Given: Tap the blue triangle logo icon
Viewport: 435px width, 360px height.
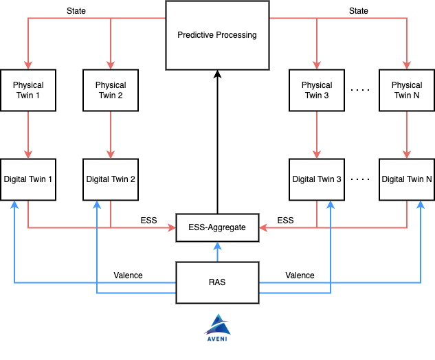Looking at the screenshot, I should pos(217,324).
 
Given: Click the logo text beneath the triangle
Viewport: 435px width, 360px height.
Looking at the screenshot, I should pos(217,339).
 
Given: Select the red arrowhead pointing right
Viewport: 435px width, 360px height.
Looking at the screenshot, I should pos(172,227).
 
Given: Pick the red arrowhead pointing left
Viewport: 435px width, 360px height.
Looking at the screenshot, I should pos(263,227).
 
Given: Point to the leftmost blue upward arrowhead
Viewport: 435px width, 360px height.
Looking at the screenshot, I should pos(14,204).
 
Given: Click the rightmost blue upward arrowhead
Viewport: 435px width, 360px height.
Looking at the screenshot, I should pos(421,204).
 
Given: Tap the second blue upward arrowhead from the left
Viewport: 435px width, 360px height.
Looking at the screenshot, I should pos(97,204).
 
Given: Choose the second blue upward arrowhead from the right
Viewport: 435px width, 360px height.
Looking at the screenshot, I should pos(331,204).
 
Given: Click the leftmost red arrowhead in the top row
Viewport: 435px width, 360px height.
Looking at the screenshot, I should pos(28,65).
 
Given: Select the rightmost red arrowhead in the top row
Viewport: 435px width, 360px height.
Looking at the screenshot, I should pos(407,65).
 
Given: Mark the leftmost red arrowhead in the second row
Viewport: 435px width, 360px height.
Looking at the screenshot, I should pos(28,155).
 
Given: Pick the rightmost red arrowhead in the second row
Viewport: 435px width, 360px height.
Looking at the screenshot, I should pos(407,155).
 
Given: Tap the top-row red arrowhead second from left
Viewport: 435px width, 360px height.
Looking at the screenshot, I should pos(111,65).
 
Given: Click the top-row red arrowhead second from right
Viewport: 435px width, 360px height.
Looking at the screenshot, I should pos(317,65).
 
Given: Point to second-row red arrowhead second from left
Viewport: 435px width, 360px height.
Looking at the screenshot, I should pos(111,155).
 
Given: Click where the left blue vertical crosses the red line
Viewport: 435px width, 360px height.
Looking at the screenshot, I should pos(97,227).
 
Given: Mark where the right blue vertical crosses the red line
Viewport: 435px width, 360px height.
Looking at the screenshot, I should pos(331,227).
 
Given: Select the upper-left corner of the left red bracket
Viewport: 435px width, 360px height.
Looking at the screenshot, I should pos(28,18).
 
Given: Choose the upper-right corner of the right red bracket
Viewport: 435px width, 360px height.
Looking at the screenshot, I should pos(407,18).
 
